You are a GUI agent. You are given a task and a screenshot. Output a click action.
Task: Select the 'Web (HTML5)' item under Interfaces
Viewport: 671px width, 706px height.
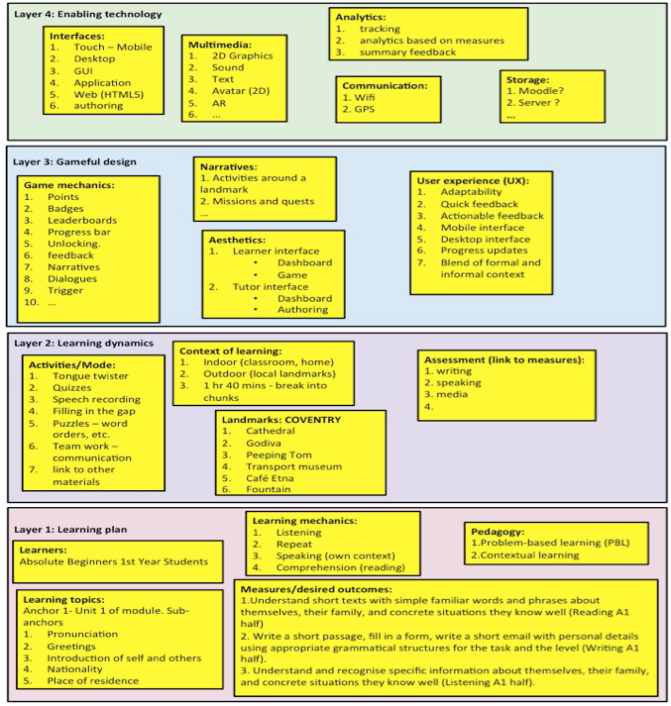[108, 94]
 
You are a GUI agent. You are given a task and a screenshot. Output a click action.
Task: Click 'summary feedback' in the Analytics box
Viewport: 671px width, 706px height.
[408, 52]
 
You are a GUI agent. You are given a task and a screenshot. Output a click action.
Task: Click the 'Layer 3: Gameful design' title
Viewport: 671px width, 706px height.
[74, 161]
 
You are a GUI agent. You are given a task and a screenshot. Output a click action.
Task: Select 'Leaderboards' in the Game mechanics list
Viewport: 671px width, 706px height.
[81, 220]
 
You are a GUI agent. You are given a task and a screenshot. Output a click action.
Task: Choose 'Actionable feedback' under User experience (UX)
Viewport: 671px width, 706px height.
[492, 215]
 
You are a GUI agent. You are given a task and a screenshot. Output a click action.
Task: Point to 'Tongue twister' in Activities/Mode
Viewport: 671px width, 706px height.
[90, 376]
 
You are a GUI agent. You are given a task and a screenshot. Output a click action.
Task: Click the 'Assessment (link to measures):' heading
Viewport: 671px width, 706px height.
[503, 358]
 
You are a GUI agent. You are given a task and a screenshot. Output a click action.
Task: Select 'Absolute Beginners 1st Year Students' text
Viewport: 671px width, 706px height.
[114, 562]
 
